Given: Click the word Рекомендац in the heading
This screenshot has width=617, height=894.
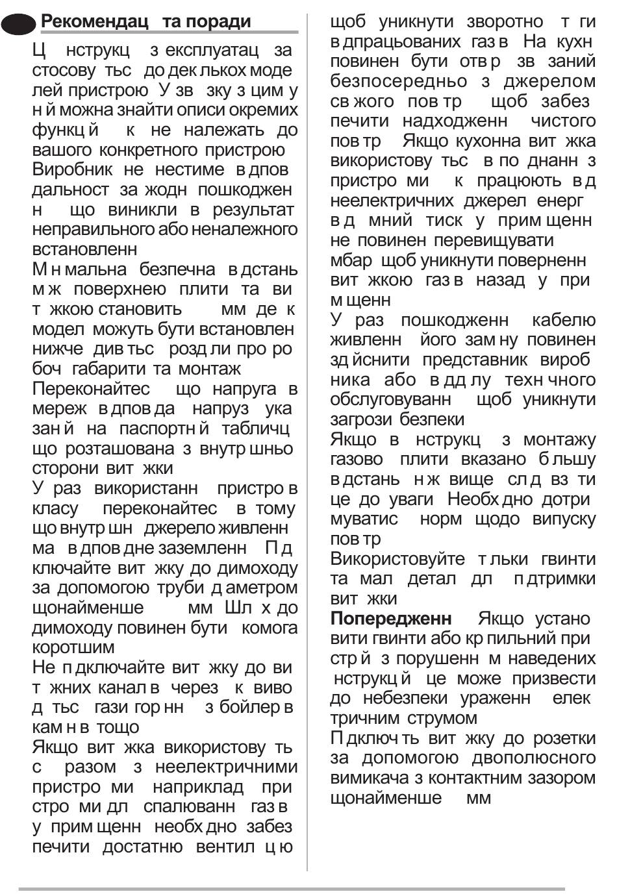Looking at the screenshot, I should pos(95,21).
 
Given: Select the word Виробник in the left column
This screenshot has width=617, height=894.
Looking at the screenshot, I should pos(73,169).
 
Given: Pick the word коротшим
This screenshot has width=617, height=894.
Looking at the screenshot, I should pos(73,647).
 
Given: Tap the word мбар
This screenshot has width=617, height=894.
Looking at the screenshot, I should pos(351,260).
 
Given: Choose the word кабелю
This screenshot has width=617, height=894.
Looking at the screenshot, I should pos(563,320).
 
